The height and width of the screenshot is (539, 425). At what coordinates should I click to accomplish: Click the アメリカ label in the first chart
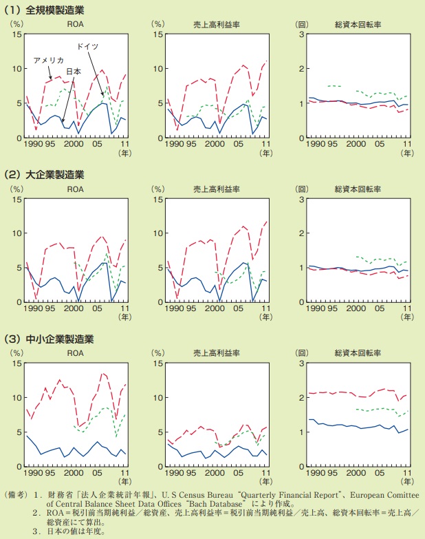point(49,60)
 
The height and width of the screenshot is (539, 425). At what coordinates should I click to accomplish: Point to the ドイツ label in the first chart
point(87,45)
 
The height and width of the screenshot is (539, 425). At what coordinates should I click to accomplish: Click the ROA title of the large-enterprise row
point(75,188)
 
